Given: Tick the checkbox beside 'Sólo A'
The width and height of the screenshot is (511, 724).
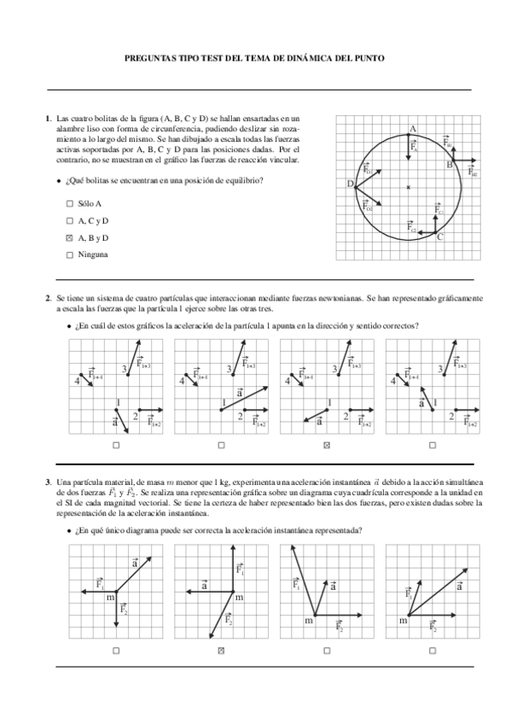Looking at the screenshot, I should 69,204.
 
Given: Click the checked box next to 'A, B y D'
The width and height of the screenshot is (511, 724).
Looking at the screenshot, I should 69,237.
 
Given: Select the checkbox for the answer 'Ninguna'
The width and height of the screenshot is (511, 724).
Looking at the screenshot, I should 69,254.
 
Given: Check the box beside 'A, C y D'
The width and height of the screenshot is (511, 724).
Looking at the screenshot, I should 69,221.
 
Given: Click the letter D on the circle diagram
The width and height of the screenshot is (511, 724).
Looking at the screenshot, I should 349,184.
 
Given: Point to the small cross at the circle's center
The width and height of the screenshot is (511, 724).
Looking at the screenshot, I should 409,186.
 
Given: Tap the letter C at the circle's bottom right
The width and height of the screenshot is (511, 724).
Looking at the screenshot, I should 439,237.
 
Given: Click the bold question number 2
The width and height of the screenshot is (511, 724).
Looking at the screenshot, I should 48,298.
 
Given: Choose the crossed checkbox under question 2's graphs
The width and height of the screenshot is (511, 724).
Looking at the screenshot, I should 327,445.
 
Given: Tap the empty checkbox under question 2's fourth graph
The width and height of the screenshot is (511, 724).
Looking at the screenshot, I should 433,445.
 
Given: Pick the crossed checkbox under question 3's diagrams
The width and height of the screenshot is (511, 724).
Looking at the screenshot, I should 221,651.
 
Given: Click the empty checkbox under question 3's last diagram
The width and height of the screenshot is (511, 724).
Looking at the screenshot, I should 433,651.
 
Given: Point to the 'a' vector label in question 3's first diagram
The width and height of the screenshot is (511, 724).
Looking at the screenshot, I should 136,563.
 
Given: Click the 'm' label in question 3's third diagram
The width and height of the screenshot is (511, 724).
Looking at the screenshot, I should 309,621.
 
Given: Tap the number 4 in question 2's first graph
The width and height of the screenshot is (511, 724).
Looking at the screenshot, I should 77,381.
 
